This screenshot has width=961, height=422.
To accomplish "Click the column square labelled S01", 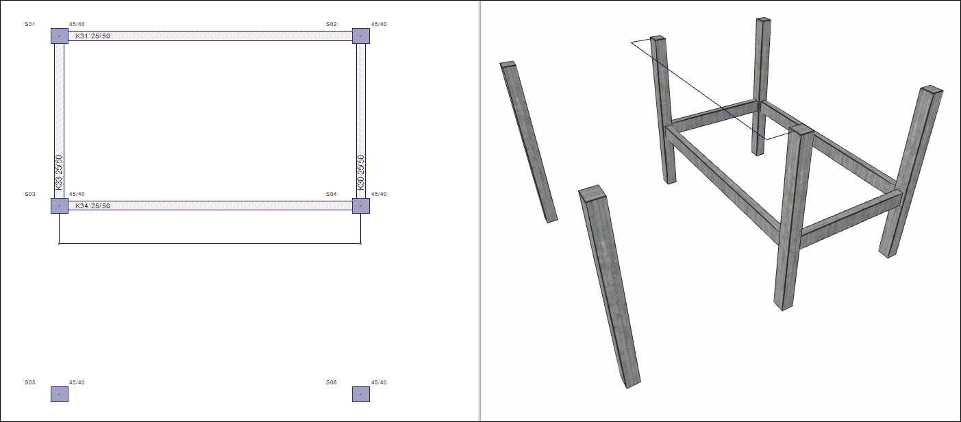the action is coord(60,36).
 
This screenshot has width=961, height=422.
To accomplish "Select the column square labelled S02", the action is coord(361,36).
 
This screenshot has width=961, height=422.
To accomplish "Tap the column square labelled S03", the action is coord(60,206).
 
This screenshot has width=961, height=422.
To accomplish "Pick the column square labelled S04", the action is coord(361,206).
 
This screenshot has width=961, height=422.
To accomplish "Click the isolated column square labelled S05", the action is coord(60,394).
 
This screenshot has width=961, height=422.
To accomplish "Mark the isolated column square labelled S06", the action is coord(361,394).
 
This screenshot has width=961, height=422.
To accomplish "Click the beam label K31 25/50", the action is coord(92,36).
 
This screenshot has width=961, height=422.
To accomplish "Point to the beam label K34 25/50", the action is coord(92,206).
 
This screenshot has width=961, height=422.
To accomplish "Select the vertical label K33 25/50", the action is coord(59,173).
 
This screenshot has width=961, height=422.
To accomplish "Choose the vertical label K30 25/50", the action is coord(361,173).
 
